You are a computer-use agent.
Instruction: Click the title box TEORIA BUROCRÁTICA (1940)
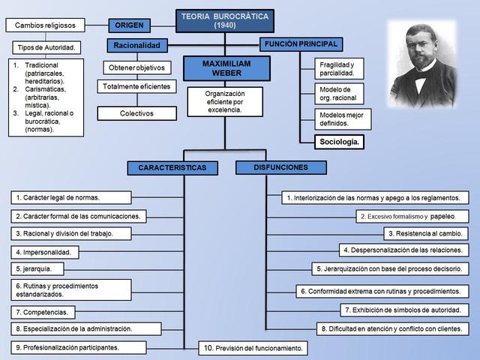224,20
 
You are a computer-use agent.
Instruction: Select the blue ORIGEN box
129,25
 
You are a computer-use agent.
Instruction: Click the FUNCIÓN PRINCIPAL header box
301,44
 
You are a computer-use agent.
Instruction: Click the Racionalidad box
136,46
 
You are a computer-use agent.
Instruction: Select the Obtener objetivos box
136,68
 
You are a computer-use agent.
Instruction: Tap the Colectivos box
136,113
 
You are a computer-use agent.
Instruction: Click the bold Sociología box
339,141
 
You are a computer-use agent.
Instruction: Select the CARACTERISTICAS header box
172,168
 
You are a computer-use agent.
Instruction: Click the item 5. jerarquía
37,268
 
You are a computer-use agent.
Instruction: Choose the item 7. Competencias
43,311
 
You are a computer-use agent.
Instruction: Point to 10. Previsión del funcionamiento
253,348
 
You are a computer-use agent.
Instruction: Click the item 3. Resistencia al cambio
425,233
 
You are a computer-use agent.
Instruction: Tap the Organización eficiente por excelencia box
224,102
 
